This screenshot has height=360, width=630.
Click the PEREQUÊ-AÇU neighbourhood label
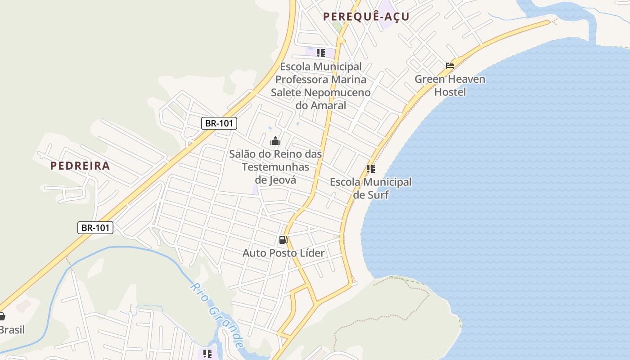click(366, 17)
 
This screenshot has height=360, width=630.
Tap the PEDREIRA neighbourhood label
click(80, 166)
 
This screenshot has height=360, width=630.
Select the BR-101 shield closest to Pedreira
click(95, 228)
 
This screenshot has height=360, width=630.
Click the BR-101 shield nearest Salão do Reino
click(219, 123)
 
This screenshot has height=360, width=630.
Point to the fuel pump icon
click(283, 240)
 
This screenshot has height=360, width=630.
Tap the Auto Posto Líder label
click(283, 253)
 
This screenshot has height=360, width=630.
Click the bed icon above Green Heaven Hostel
click(450, 66)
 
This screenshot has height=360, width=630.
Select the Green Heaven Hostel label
click(450, 85)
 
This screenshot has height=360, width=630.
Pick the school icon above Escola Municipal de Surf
click(370, 169)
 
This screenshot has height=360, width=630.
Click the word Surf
click(378, 195)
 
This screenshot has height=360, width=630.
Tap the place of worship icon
click(275, 141)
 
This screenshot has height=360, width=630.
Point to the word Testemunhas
click(275, 167)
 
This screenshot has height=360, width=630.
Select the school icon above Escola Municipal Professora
click(320, 53)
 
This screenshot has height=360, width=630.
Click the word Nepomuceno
click(337, 93)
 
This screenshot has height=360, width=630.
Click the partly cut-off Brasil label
click(12, 330)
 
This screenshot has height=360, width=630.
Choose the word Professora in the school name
click(303, 80)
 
